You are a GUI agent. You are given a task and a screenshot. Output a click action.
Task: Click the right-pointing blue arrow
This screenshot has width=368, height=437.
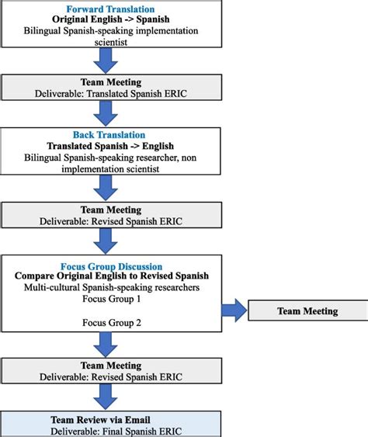point(232,311)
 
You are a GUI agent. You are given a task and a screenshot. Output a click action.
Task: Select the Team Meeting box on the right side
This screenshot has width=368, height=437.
point(307,311)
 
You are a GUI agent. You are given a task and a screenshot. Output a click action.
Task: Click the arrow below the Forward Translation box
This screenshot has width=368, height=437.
point(109,59)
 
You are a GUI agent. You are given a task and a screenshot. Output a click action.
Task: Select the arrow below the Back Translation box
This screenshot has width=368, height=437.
point(109,187)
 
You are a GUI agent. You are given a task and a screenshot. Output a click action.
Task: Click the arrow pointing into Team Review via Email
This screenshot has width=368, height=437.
point(109,397)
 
